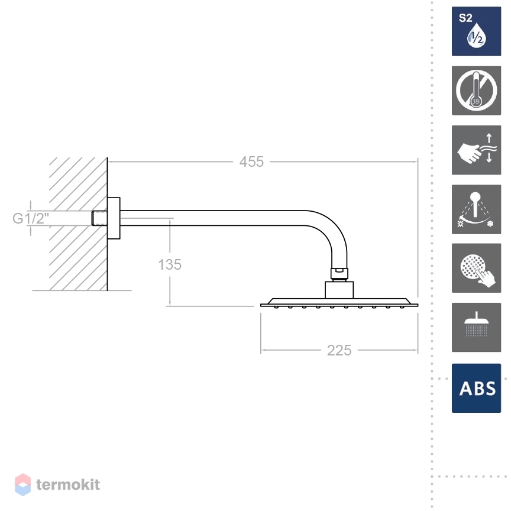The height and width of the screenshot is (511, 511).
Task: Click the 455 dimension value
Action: click(x=251, y=161)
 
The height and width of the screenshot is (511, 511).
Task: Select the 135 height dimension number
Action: click(x=170, y=264)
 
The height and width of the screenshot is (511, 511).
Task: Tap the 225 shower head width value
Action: click(x=339, y=350)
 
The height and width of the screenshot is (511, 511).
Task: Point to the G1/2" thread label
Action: click(x=31, y=218)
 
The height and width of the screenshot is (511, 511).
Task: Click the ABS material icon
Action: click(x=476, y=388)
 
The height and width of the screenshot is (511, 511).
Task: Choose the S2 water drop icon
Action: click(x=476, y=31)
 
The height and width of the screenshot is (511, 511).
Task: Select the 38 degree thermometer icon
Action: click(x=476, y=90)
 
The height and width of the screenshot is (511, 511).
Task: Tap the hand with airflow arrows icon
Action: click(x=476, y=150)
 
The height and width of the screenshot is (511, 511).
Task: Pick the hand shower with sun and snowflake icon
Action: click(x=476, y=209)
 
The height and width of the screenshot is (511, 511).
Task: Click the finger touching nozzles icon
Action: click(x=476, y=268)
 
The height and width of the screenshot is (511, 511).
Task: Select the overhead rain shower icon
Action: click(x=476, y=327)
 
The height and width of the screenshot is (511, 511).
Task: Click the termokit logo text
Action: click(x=68, y=484)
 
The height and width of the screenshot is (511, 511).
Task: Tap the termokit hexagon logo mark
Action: click(x=23, y=484)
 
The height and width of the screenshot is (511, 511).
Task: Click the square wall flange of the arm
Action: click(x=114, y=218)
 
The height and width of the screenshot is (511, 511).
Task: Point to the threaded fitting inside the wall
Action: click(x=99, y=218)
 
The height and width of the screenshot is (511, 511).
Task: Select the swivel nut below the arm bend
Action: click(x=339, y=274)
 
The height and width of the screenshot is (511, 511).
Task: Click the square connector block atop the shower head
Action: click(x=339, y=290)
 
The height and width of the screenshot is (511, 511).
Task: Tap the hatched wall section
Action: click(x=78, y=224)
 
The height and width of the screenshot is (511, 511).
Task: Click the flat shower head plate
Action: click(x=339, y=303)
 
